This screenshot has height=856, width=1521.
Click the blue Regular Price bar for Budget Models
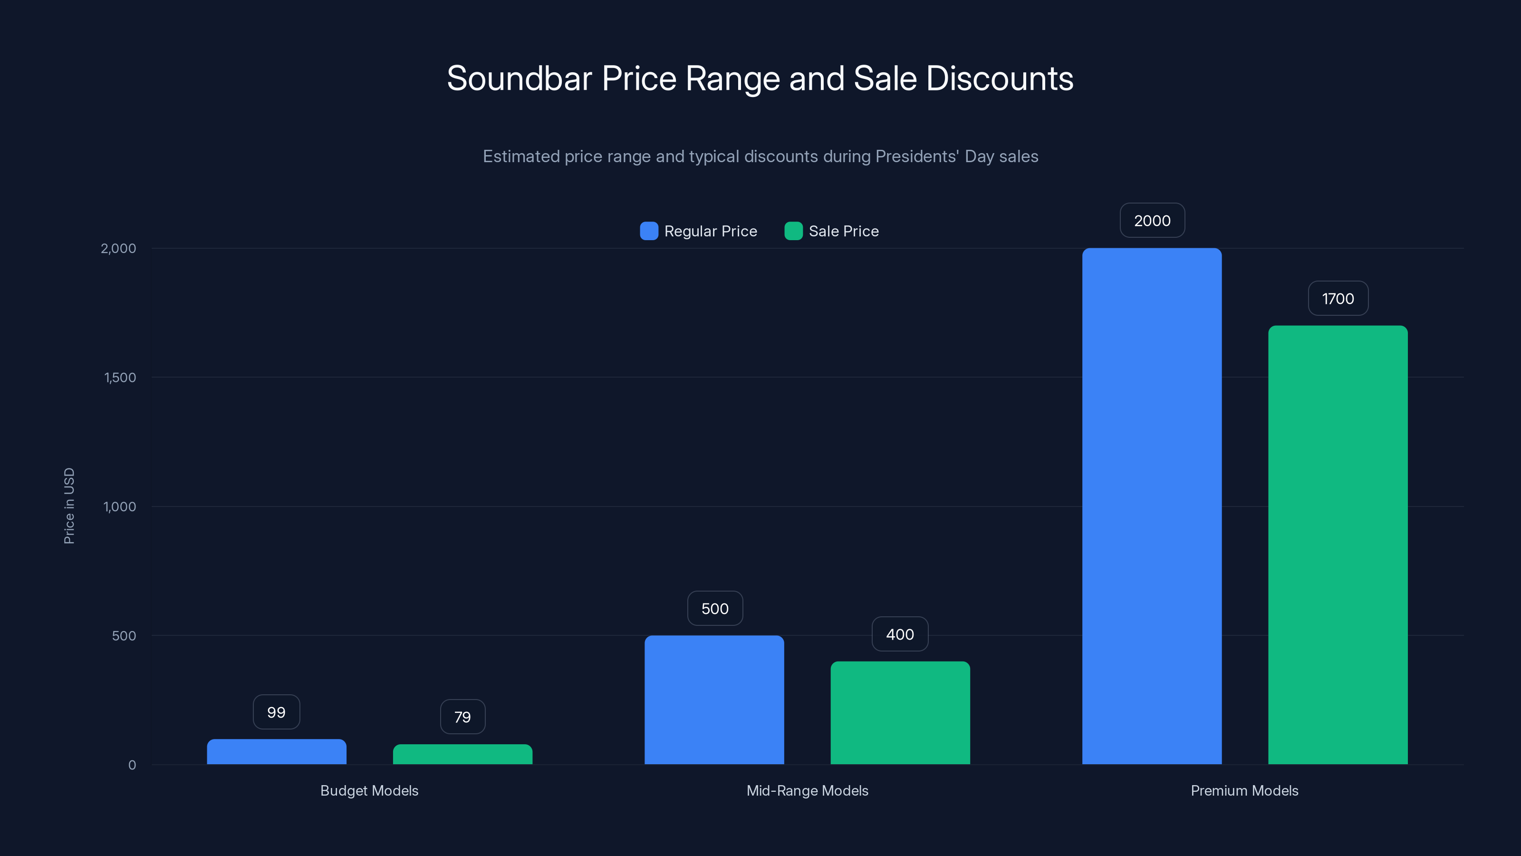(276, 751)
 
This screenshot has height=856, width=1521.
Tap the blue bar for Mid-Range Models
(714, 700)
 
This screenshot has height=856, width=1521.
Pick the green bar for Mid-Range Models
(900, 712)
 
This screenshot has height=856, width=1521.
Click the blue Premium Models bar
(1151, 506)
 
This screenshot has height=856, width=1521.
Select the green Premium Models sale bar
(1338, 545)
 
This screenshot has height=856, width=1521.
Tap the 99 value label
(276, 712)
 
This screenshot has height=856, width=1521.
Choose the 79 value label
(462, 717)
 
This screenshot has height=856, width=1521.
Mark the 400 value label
(900, 634)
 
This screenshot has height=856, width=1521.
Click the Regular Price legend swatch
(649, 231)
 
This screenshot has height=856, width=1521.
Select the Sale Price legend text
(843, 232)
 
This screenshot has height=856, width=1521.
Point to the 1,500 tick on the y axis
(120, 378)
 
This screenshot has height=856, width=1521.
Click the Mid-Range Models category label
(807, 791)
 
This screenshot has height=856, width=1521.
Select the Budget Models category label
(369, 791)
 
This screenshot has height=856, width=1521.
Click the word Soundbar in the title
(519, 78)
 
